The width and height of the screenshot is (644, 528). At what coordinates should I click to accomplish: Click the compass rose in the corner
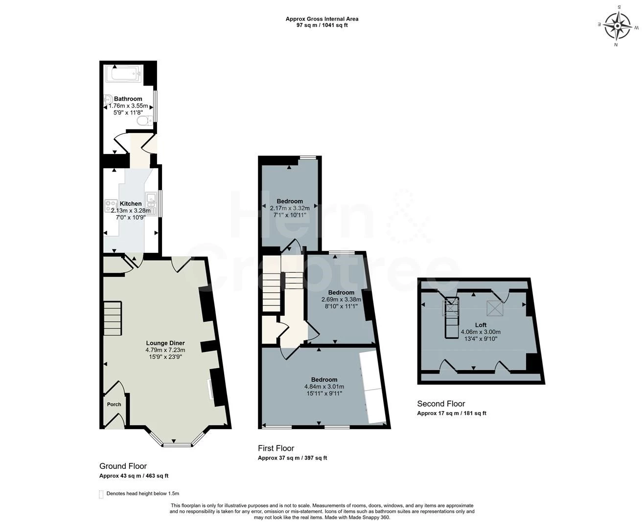[618, 26]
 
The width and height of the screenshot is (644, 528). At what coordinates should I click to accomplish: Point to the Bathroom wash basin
[108, 100]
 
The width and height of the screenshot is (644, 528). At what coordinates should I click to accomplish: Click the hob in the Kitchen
[111, 206]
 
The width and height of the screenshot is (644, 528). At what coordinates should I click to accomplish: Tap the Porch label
[114, 404]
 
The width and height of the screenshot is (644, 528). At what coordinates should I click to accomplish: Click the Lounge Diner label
[165, 343]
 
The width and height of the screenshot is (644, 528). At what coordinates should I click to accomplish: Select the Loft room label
[481, 325]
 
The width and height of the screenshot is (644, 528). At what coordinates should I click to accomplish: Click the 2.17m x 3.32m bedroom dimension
[290, 208]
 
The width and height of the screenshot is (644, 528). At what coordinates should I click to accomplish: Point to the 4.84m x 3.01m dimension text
[324, 387]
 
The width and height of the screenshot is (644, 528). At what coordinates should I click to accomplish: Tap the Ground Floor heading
[123, 466]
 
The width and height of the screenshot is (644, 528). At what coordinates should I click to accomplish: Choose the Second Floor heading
[441, 403]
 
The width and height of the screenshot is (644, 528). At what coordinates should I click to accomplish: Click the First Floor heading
[276, 448]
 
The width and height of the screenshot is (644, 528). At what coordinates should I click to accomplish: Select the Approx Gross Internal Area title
[322, 19]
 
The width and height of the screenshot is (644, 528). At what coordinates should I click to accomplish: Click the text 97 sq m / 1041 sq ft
[322, 25]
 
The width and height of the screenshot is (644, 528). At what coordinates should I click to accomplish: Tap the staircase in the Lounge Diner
[113, 318]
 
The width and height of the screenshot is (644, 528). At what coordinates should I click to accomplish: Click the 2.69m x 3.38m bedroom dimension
[342, 299]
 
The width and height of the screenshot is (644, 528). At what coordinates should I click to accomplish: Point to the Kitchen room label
[131, 203]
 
